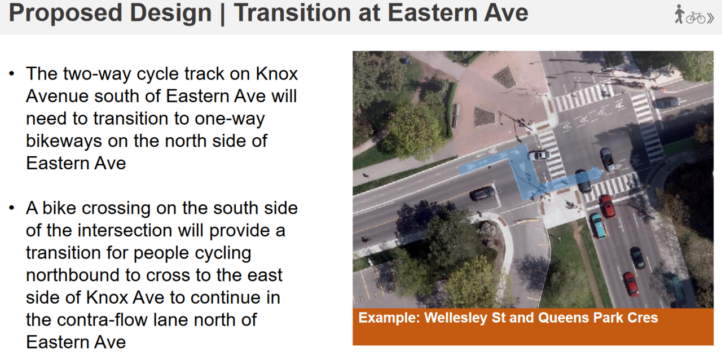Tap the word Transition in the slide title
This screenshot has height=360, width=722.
[292, 13]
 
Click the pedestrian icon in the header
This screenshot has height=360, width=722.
[679, 14]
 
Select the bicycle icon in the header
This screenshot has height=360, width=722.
[695, 18]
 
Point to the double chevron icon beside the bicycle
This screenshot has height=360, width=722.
[710, 19]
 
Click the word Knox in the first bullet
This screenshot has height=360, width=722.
[276, 73]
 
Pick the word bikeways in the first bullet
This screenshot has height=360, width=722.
[63, 141]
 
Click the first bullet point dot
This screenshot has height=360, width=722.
[12, 74]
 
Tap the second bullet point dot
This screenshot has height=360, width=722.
[12, 208]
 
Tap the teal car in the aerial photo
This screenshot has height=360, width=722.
[598, 226]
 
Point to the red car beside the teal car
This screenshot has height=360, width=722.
[607, 206]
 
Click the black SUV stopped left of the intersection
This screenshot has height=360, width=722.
[482, 194]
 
